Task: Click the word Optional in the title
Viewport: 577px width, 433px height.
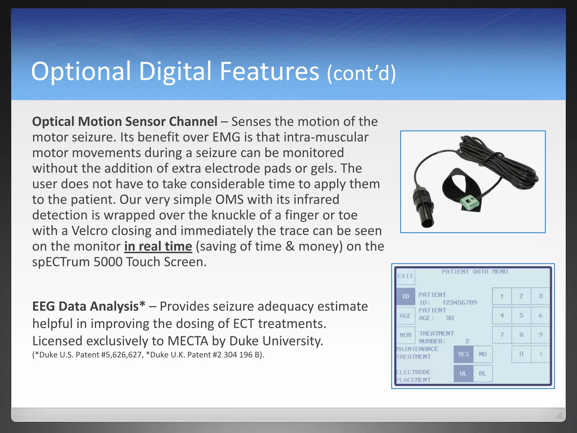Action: coord(81,72)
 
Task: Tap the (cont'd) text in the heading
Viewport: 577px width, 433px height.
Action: coord(361,73)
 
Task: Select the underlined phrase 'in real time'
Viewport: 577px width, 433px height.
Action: coord(158,246)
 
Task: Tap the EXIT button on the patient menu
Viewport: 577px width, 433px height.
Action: coord(405,276)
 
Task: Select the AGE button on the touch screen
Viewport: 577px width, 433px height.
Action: coord(405,316)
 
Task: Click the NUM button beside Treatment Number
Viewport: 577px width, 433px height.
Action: coord(405,335)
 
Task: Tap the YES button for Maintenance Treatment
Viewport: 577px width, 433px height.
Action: coord(463,354)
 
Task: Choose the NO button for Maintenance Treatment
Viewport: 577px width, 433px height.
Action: coord(483,354)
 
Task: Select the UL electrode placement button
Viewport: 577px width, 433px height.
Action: coord(463,374)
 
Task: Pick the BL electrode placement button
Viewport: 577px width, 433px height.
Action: coord(483,374)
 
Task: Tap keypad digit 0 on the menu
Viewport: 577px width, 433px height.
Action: coord(521,354)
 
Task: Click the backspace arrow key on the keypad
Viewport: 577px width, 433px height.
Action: coord(541,354)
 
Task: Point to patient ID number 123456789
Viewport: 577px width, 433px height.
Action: coord(459,302)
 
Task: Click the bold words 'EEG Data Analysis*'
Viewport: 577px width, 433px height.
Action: coord(89,306)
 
